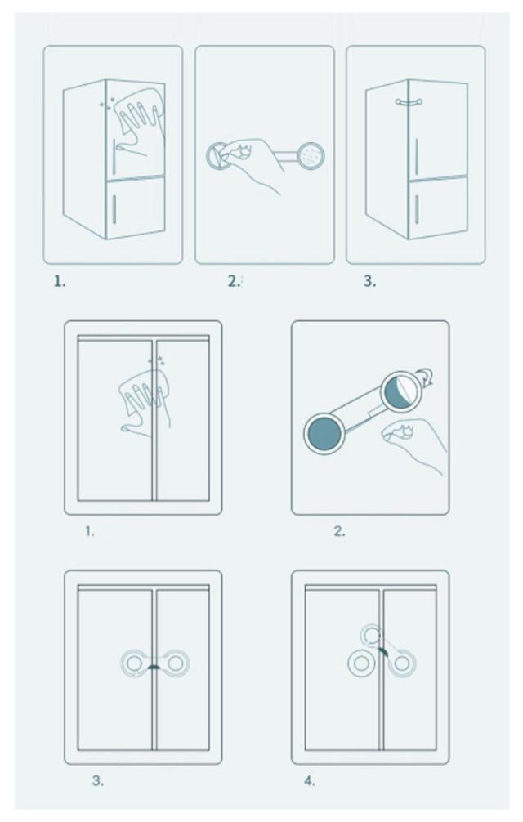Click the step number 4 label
pyautogui.click(x=309, y=781)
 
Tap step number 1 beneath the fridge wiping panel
pyautogui.click(x=60, y=282)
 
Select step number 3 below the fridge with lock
pyautogui.click(x=370, y=281)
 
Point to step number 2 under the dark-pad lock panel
pyautogui.click(x=340, y=531)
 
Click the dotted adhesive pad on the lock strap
pyautogui.click(x=311, y=155)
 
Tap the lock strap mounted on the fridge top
pyautogui.click(x=409, y=102)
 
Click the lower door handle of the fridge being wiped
pyautogui.click(x=114, y=208)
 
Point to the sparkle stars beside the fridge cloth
pyautogui.click(x=107, y=104)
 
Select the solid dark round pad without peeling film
pyautogui.click(x=325, y=434)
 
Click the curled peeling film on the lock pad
pyautogui.click(x=426, y=378)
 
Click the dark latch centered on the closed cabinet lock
pyautogui.click(x=154, y=668)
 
